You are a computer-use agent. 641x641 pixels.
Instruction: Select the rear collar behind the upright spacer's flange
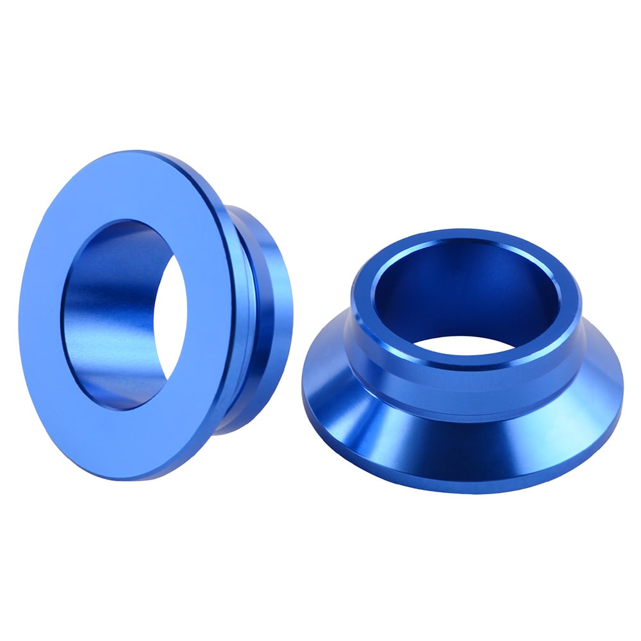pyautogui.click(x=269, y=308)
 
